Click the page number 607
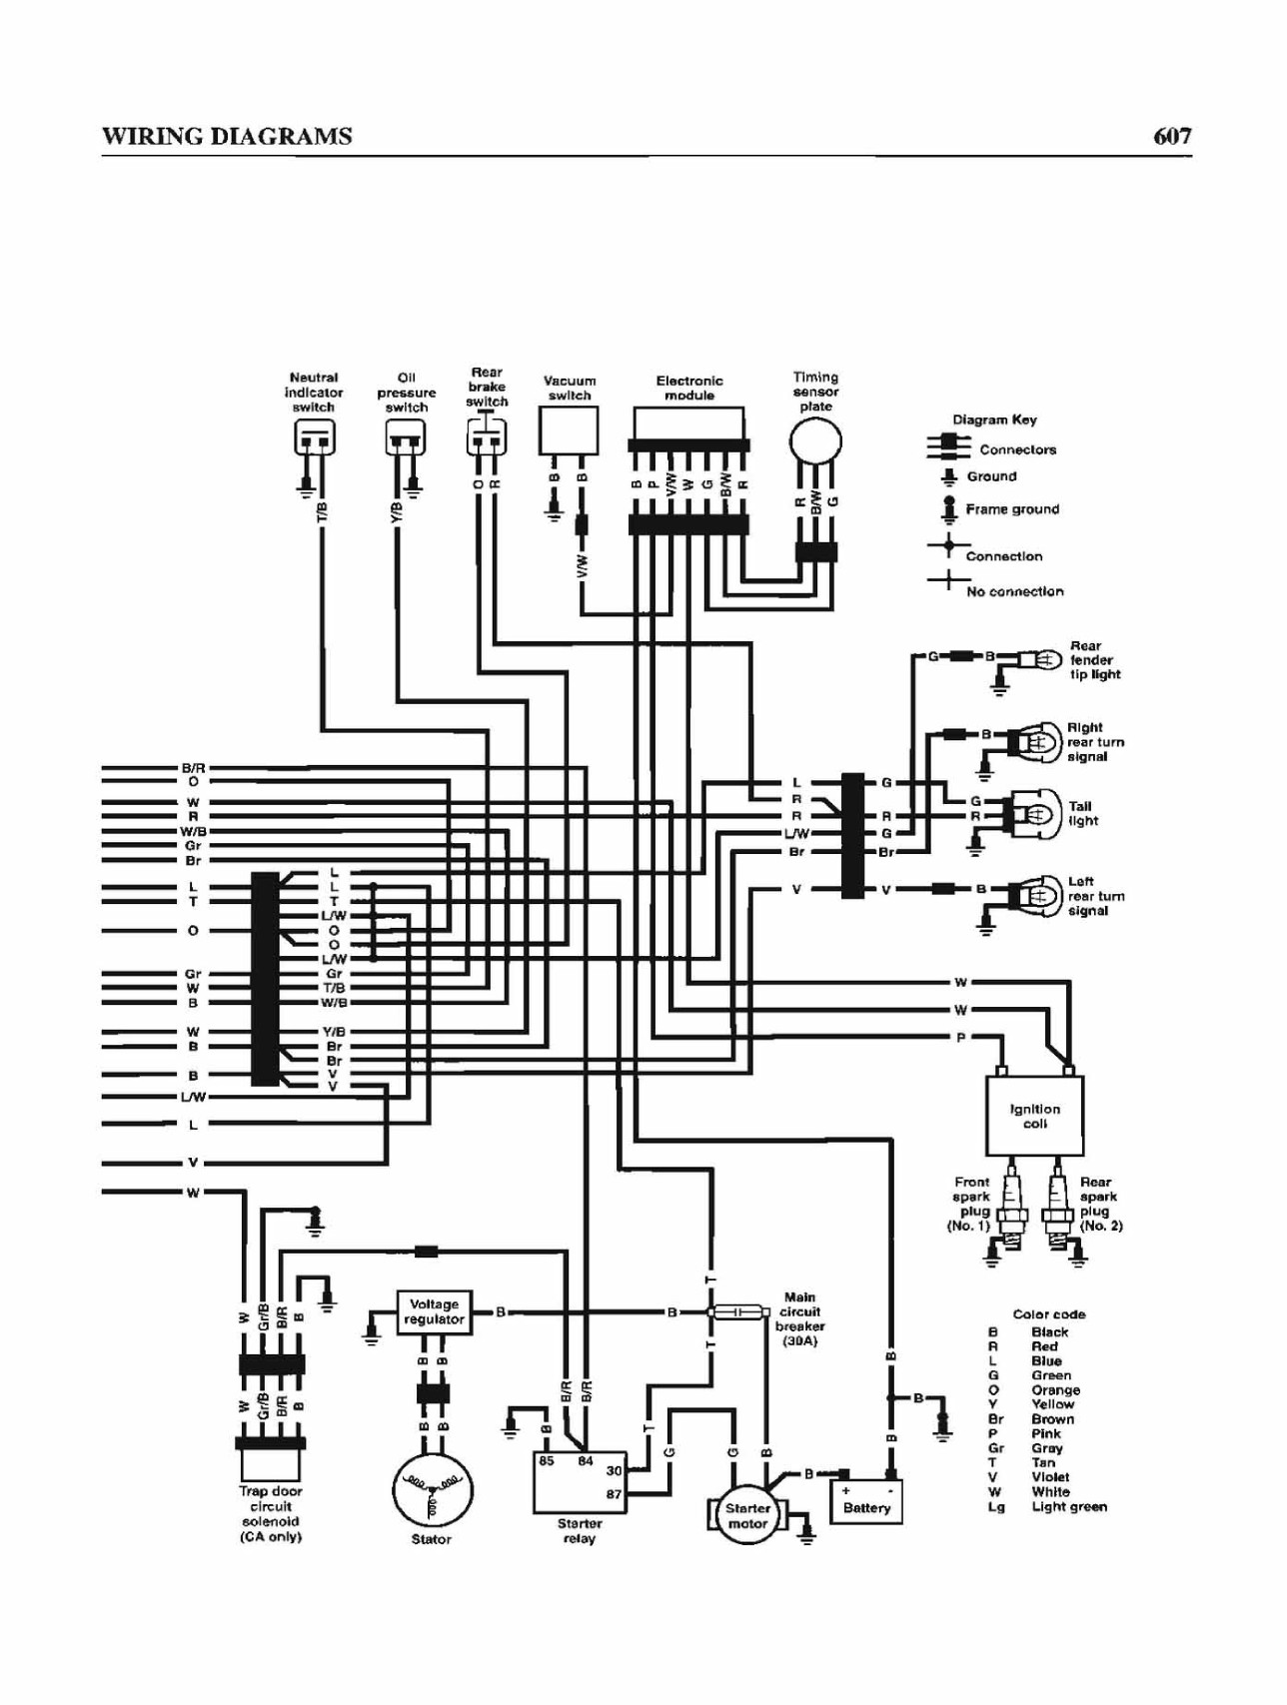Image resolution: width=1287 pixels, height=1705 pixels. pyautogui.click(x=1172, y=136)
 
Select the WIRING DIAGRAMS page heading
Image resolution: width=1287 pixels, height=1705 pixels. pyautogui.click(x=227, y=136)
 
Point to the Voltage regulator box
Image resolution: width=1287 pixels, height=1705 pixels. pyautogui.click(x=434, y=1311)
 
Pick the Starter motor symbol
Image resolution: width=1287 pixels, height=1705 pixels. pyautogui.click(x=747, y=1516)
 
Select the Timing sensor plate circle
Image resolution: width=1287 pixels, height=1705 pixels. pyautogui.click(x=815, y=439)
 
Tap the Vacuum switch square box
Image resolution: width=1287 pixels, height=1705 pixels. pyautogui.click(x=569, y=431)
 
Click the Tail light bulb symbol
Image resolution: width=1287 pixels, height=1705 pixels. pyautogui.click(x=1035, y=813)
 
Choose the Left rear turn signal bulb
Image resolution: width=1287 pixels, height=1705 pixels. pyautogui.click(x=1035, y=895)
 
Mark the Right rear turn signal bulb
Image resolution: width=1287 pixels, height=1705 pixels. pyautogui.click(x=1035, y=742)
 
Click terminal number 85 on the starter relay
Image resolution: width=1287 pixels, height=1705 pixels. pyautogui.click(x=547, y=1460)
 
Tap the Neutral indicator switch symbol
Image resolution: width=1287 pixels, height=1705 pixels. pyautogui.click(x=314, y=437)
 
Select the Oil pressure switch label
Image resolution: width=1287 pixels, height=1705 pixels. pyautogui.click(x=407, y=393)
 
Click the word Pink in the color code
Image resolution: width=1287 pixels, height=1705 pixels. pyautogui.click(x=1045, y=1433)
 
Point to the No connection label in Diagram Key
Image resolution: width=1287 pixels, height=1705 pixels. pyautogui.click(x=1014, y=591)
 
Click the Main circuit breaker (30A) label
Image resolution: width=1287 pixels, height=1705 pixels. pyautogui.click(x=799, y=1318)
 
